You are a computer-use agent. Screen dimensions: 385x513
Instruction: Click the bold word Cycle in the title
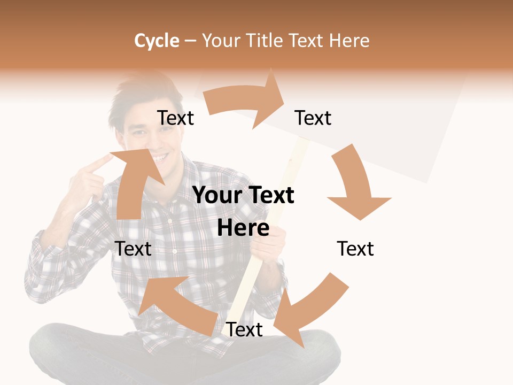(x=157, y=41)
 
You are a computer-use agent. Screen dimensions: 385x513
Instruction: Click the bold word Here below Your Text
(x=243, y=228)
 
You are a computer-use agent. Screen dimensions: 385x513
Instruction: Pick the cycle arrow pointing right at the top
(x=246, y=101)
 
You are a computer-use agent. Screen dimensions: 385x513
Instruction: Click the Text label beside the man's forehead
(x=176, y=118)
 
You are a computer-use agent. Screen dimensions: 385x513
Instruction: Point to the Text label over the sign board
(x=313, y=118)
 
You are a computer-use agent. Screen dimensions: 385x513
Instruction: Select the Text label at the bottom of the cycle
(x=244, y=330)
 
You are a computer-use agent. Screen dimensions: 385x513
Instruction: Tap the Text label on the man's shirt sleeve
(x=134, y=249)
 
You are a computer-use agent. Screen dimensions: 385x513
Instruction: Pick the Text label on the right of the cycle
(x=355, y=249)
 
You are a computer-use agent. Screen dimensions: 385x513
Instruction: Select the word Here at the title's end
(x=350, y=41)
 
